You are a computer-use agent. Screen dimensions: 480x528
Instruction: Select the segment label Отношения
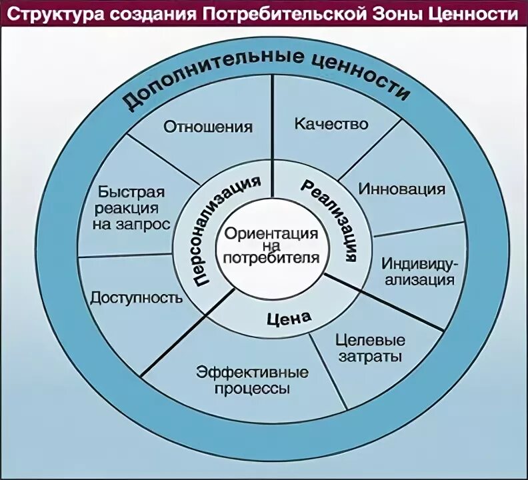(x=208, y=126)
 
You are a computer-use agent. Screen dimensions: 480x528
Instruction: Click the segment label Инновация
(x=402, y=189)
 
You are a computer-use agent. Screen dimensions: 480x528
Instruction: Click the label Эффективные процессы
(x=252, y=381)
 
